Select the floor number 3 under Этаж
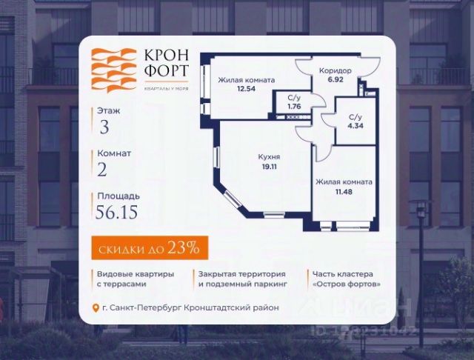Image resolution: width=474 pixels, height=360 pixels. (104, 126)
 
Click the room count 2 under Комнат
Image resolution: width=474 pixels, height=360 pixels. (103, 170)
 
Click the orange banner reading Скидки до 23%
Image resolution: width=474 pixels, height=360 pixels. (144, 247)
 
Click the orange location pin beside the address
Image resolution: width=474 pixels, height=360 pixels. (94, 308)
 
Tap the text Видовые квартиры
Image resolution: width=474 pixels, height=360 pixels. (135, 273)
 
